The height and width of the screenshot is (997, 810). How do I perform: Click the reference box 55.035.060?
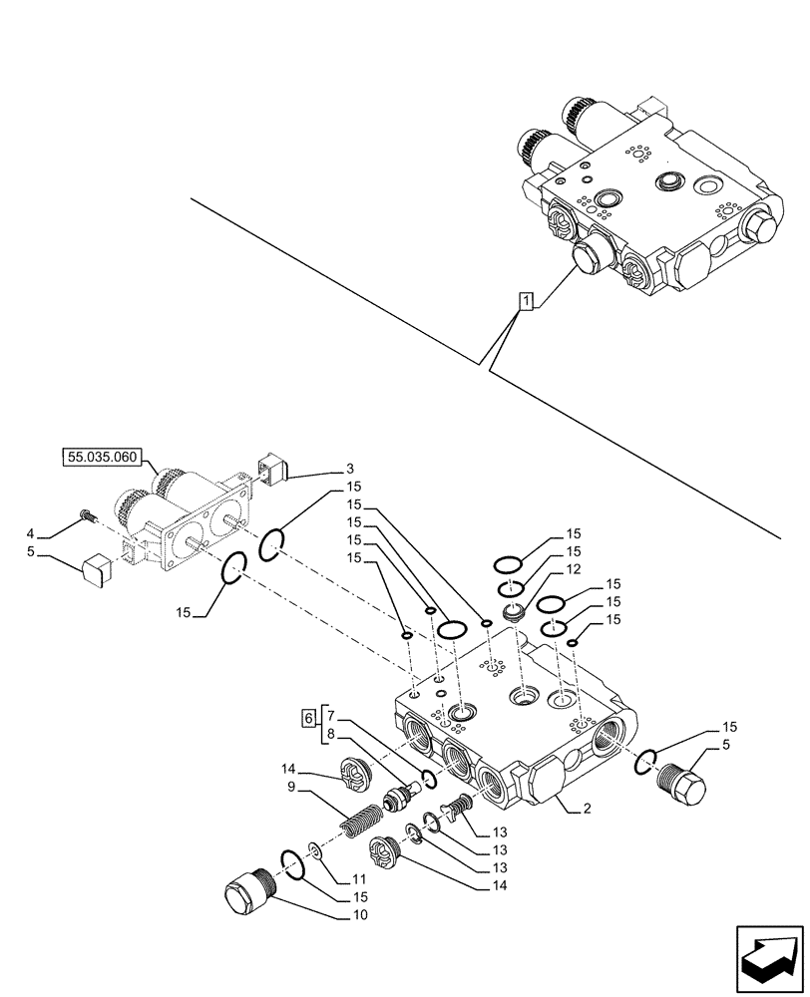103,459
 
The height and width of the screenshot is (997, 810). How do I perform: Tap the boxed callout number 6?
309,717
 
